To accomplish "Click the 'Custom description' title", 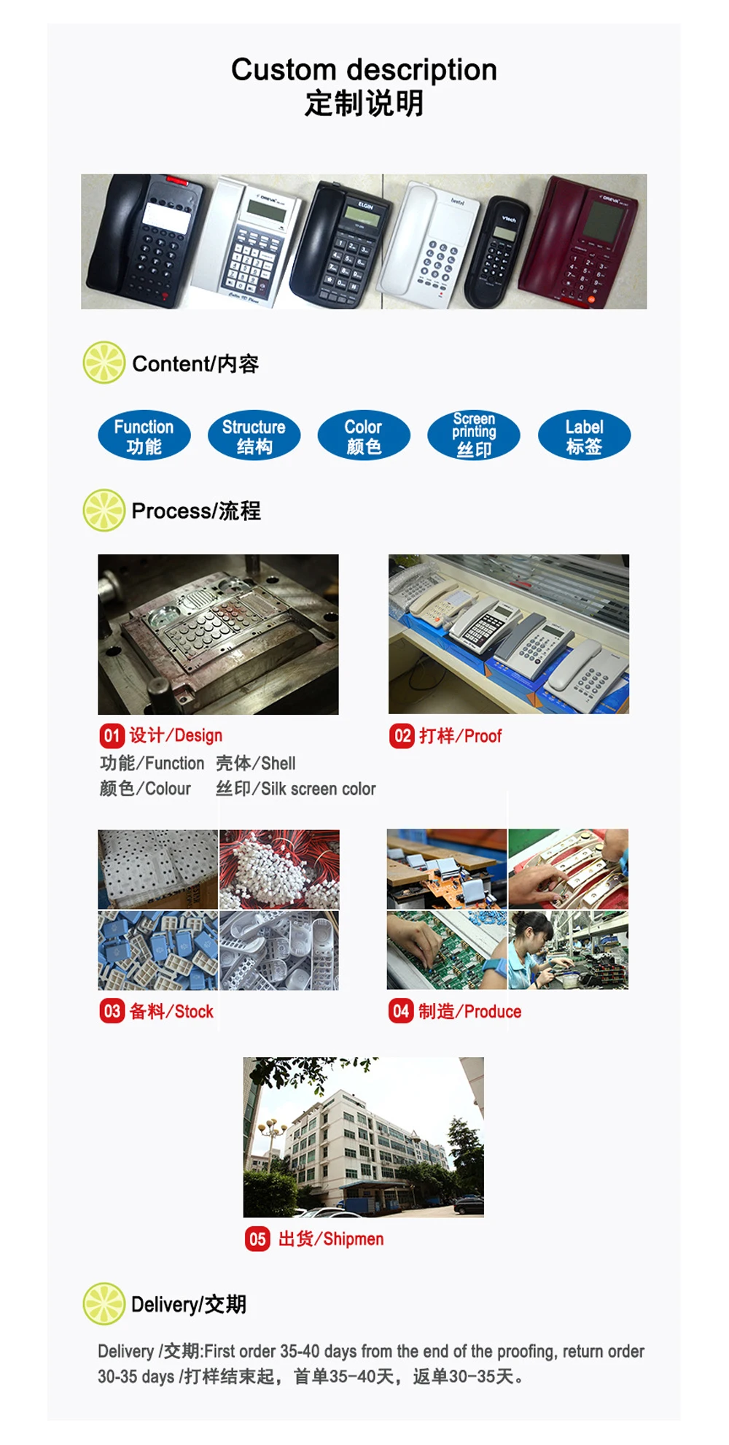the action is click(364, 70).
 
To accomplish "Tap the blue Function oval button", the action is click(144, 435).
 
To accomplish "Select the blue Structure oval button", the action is click(254, 435).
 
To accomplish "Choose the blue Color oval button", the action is click(364, 435).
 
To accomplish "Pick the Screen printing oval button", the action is click(474, 435).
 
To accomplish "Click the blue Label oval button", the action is click(584, 435).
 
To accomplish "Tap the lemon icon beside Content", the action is click(104, 363).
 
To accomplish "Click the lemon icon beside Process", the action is click(104, 510).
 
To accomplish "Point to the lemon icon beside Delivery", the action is click(104, 1303).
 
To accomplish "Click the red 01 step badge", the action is click(112, 735).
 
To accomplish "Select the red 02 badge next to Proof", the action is click(402, 735).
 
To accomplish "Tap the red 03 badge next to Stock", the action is click(112, 1011).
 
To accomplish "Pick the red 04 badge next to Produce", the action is click(401, 1011).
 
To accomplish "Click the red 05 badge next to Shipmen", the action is click(257, 1239).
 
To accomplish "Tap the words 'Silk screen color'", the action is click(319, 789).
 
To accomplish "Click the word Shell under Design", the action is click(278, 763).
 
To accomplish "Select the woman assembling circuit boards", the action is click(568, 950).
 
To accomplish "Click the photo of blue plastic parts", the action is click(158, 950).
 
